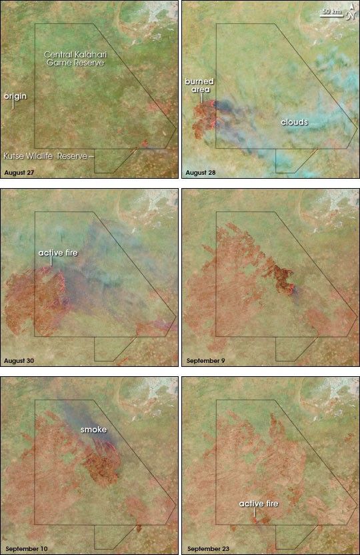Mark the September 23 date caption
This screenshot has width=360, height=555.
pos(208,548)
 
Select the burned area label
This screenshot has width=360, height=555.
pos(199,85)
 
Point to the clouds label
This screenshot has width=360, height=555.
pos(294,122)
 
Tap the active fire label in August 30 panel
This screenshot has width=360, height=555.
pos(55,253)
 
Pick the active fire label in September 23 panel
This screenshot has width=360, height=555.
pos(259,503)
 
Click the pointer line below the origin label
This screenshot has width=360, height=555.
pos(12,105)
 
